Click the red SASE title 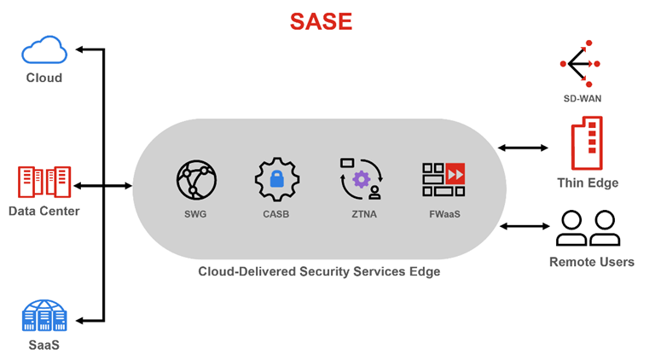(321, 21)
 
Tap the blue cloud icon (44, 49)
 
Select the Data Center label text (43, 211)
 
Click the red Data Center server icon (44, 182)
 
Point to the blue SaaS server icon (44, 316)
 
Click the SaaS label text (43, 345)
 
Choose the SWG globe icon (196, 180)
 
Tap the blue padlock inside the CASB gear (276, 179)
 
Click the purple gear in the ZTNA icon (362, 180)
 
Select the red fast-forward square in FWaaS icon (455, 174)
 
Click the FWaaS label (444, 214)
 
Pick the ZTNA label (364, 214)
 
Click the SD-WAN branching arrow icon (580, 63)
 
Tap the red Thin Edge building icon (587, 143)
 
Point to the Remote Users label (592, 262)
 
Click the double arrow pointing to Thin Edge (523, 148)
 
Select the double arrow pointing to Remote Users (525, 226)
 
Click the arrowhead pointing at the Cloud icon (79, 49)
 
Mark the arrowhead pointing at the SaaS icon (79, 321)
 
